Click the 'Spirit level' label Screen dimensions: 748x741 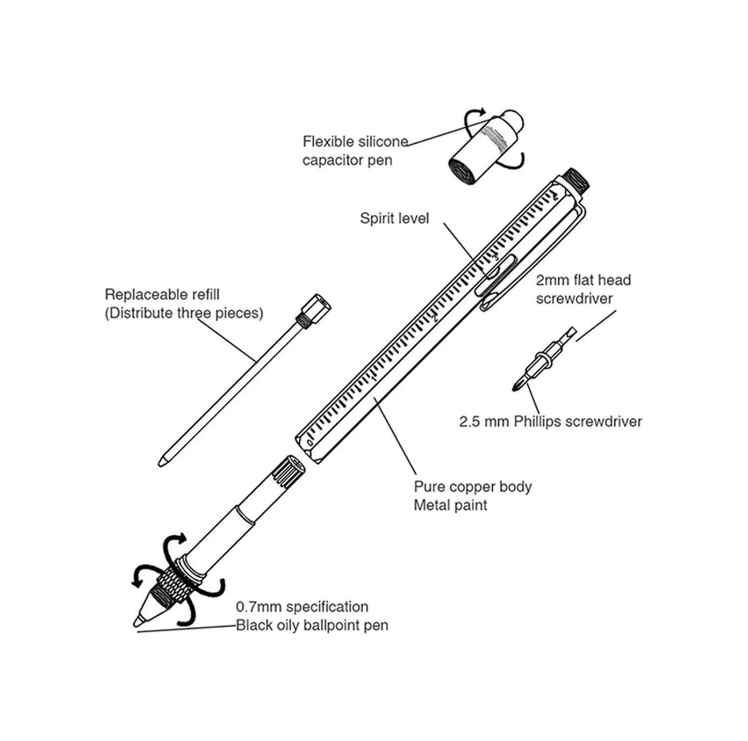[x=394, y=219]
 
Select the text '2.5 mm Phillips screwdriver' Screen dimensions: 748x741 [x=550, y=422]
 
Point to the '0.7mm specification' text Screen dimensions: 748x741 [x=303, y=607]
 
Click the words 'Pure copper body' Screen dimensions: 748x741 [x=473, y=487]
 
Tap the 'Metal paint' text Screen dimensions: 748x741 [x=450, y=505]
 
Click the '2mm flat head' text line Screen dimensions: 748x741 [x=584, y=280]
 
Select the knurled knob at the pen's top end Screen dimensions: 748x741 [x=577, y=180]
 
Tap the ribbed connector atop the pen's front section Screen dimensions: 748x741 [x=288, y=471]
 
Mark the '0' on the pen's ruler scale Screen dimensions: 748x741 [x=310, y=442]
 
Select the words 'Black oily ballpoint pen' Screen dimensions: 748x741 [x=312, y=626]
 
